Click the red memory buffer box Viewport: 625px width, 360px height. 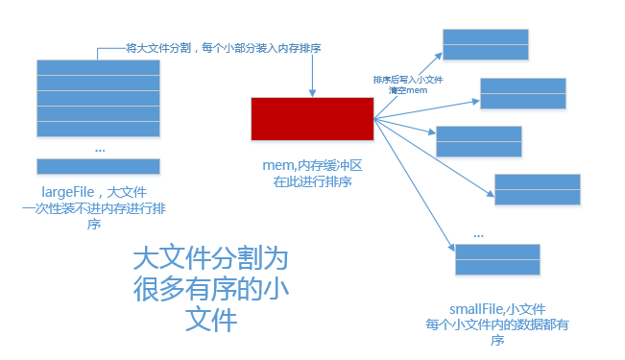[x=312, y=118]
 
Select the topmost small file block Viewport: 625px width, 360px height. [x=486, y=44]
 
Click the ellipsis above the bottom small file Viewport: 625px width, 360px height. [x=478, y=234]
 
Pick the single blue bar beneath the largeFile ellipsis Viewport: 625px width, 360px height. [x=97, y=165]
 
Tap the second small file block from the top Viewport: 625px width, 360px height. [x=523, y=93]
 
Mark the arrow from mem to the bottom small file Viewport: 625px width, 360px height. [x=413, y=182]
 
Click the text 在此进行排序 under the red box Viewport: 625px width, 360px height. [x=313, y=180]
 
